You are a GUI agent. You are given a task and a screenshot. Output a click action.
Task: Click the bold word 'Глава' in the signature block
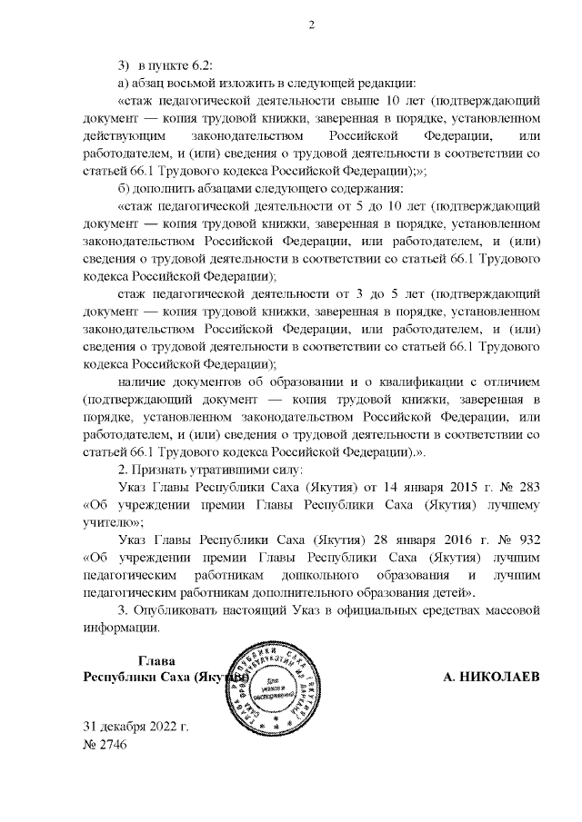tap(156, 660)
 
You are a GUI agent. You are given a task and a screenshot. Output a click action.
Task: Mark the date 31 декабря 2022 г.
tap(136, 727)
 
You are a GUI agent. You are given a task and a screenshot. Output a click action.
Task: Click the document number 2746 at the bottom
tap(117, 745)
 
